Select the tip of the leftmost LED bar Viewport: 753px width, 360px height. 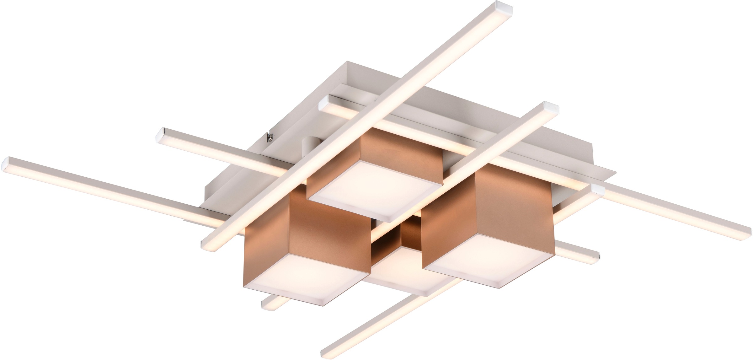(x=9, y=163)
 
